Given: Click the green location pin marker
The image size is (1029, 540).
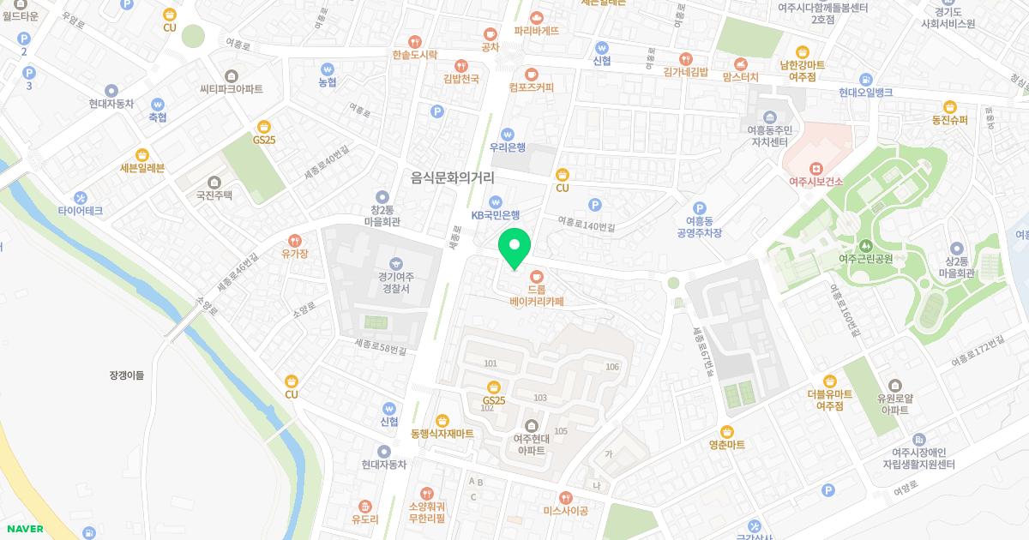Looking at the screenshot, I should point(514,249).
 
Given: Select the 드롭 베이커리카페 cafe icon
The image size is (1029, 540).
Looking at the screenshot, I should point(536,276).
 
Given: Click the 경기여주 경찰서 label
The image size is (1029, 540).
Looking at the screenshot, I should point(394,283).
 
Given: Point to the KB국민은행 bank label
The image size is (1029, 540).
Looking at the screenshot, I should point(496,215).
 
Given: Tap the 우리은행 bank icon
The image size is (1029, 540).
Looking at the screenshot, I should point(508,134).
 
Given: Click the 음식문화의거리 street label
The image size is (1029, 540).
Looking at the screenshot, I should point(453,177).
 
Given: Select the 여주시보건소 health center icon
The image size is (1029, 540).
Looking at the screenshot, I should point(816,168).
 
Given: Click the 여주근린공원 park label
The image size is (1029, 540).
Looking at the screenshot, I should point(866,259).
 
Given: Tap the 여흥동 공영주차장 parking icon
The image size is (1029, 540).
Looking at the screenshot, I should point(699,207).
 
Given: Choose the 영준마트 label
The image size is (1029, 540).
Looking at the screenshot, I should point(727,445).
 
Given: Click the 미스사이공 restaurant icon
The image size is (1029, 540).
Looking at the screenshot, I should point(565,497).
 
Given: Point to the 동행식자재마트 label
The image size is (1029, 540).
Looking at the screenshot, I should point(442,434).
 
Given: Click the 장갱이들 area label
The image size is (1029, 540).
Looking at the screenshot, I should point(127,375).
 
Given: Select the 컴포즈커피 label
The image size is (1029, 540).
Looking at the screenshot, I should point(531,87).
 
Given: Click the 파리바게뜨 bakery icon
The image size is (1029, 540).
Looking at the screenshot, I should point(537,17).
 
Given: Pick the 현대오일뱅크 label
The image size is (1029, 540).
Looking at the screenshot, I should point(865,93).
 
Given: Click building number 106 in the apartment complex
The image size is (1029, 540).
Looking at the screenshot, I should point(612,367).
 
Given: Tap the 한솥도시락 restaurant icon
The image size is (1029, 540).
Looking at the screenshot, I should point(415,41).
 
